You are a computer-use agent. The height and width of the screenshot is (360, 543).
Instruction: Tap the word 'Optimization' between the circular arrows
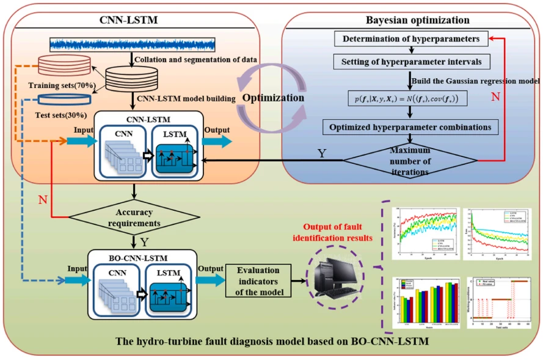[274, 98]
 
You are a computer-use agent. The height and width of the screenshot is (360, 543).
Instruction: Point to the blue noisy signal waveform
[132, 44]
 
